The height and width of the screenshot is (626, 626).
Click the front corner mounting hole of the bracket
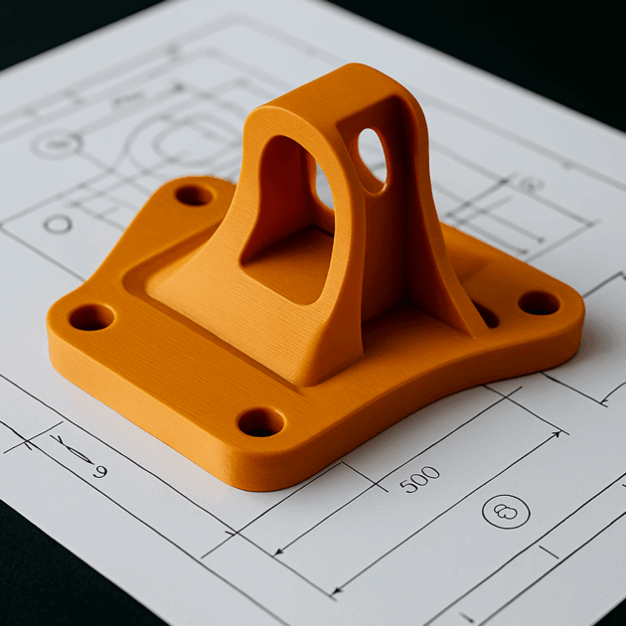[x=260, y=422]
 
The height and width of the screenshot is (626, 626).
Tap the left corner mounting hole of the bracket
[x=91, y=318]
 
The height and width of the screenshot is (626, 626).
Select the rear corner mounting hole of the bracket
[x=194, y=195]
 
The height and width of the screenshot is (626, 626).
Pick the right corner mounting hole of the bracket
[x=539, y=303]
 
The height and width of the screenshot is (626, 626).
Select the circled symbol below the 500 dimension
[x=506, y=512]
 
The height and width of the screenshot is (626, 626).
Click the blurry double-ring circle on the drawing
[x=56, y=146]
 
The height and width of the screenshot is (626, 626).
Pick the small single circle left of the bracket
[x=58, y=224]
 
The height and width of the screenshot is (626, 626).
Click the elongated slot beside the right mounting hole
[x=486, y=315]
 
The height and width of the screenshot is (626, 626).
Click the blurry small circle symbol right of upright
[x=528, y=184]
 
